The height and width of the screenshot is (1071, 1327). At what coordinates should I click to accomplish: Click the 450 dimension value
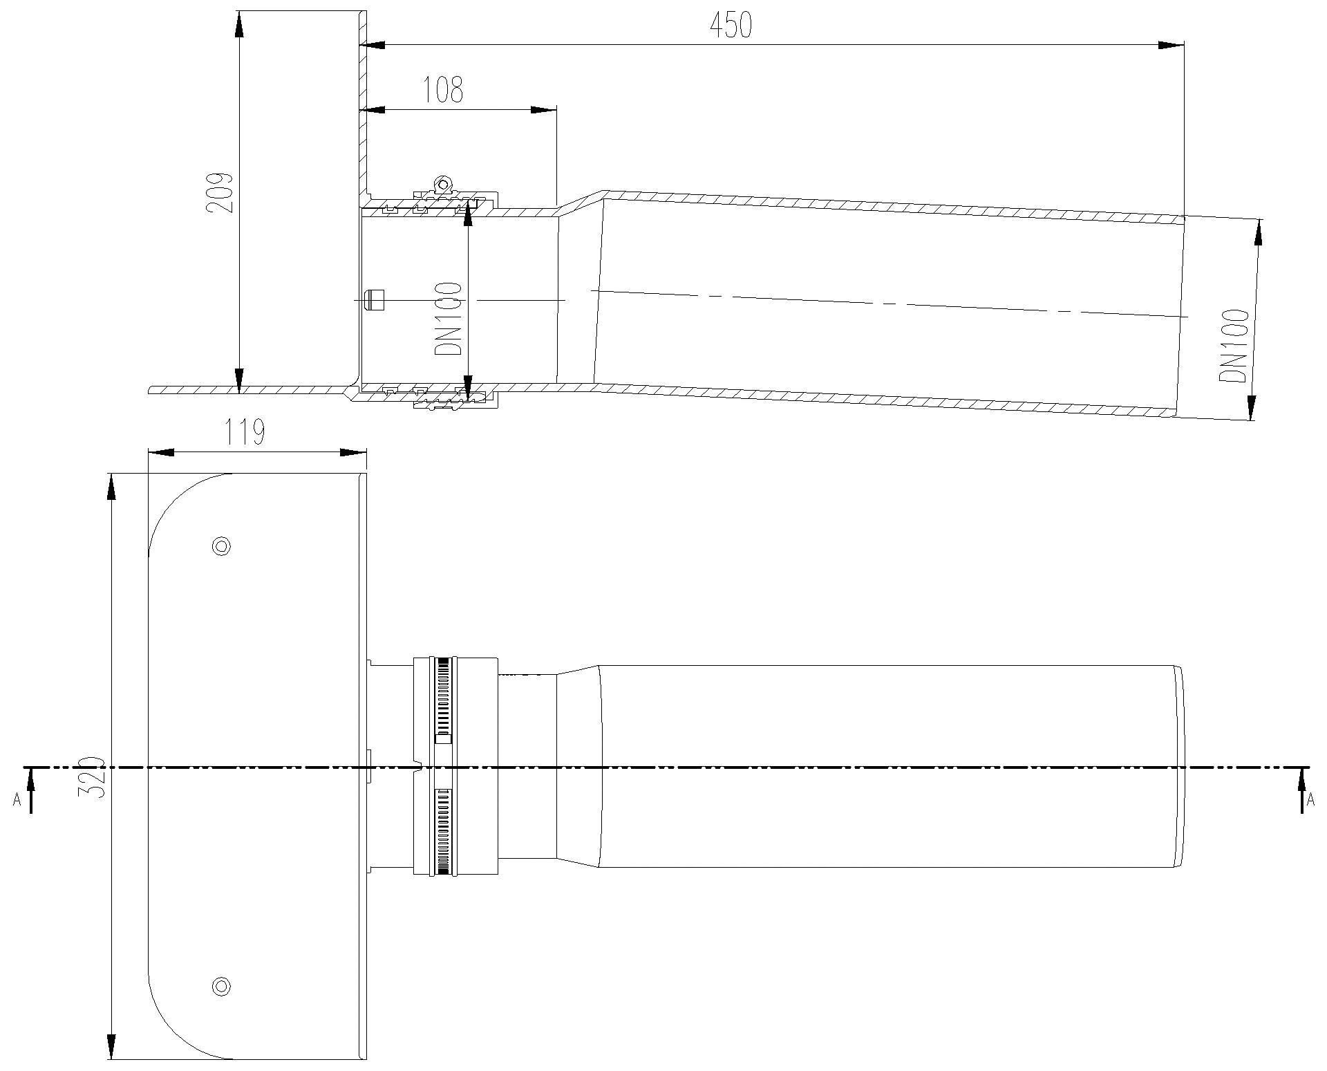(731, 26)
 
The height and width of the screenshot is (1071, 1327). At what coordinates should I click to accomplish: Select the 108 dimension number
(443, 90)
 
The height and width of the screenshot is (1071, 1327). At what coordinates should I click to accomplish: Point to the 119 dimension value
(246, 434)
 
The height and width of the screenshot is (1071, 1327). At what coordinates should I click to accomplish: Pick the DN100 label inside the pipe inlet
(448, 318)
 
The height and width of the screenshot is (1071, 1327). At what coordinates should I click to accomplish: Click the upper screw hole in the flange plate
(222, 546)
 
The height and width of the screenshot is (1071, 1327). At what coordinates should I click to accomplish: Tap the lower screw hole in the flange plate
(221, 986)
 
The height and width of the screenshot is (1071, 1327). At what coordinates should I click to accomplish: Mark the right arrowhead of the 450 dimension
(1171, 45)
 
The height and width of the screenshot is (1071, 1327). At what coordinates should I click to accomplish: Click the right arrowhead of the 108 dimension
(544, 109)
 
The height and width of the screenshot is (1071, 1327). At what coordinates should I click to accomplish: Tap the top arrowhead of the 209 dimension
(238, 25)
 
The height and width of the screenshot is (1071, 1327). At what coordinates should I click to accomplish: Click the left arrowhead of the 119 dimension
(161, 452)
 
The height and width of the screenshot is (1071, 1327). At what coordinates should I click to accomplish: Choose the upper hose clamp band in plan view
(443, 700)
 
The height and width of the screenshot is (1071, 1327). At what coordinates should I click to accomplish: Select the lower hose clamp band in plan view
(443, 831)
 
